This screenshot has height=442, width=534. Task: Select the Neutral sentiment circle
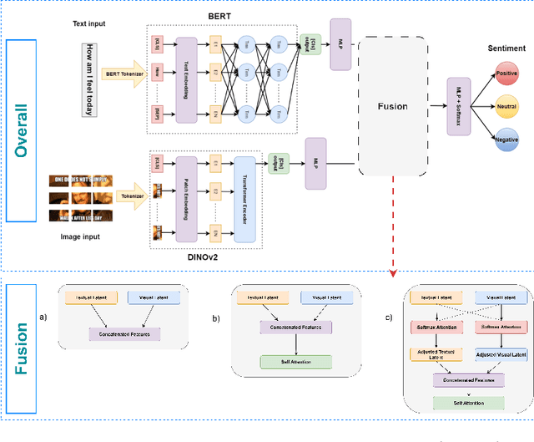point(506,107)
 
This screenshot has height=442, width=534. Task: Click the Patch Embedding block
point(181,199)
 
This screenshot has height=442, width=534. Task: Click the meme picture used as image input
point(81,199)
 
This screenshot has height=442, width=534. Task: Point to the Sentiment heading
point(506,49)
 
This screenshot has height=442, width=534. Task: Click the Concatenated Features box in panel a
point(124,334)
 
